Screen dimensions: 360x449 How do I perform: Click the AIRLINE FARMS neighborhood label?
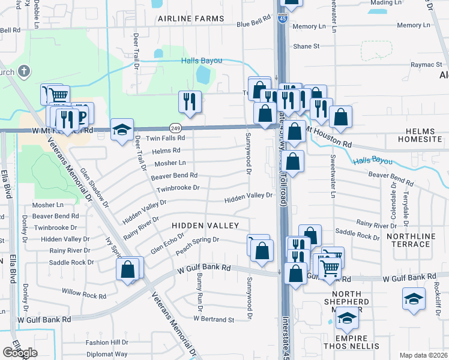pyautogui.click(x=190, y=19)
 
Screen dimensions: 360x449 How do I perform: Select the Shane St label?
pyautogui.click(x=306, y=46)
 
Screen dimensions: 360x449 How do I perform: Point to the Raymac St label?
pyautogui.click(x=426, y=64)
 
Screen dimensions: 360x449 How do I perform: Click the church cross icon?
pyautogui.click(x=24, y=73)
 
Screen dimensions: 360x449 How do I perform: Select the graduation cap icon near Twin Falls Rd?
pyautogui.click(x=121, y=130)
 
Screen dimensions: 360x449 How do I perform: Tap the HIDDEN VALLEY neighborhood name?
pyautogui.click(x=205, y=226)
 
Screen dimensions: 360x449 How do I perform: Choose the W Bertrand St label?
pyautogui.click(x=213, y=319)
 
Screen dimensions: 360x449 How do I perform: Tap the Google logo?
pyautogui.click(x=20, y=353)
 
